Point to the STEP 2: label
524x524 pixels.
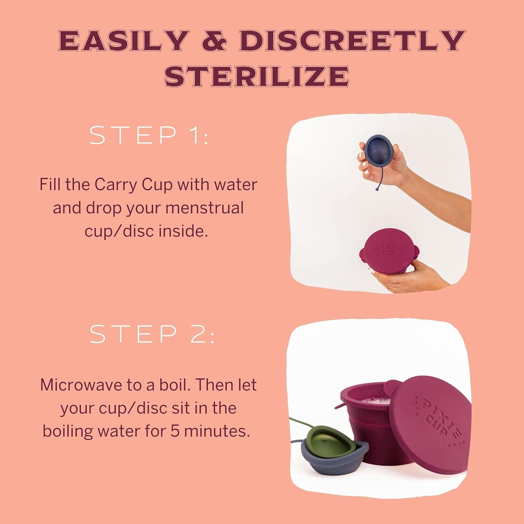click(152, 335)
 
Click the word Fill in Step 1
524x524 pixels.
click(50, 184)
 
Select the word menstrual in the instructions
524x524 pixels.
click(204, 208)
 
